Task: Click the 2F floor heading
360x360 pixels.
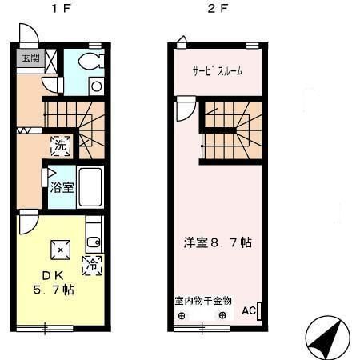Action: (213, 11)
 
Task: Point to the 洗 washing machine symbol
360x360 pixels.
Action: (61, 145)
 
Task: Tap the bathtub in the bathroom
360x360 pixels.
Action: (90, 188)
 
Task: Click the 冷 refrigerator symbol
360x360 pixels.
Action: (93, 263)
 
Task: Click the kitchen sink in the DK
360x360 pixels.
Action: (93, 236)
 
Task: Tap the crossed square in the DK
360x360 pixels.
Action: (60, 250)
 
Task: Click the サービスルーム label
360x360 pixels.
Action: (217, 71)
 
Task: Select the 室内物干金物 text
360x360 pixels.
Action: (203, 301)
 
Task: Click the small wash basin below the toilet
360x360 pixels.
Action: (96, 86)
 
